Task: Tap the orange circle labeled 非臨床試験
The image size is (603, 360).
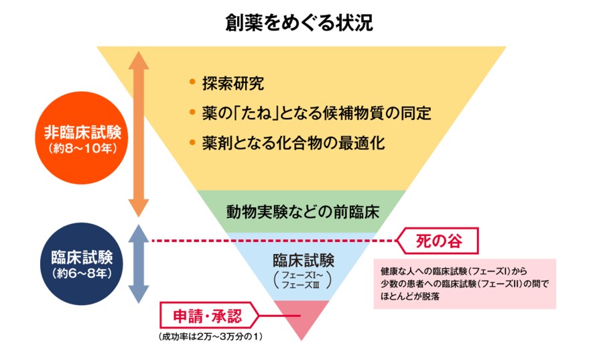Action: coord(82,137)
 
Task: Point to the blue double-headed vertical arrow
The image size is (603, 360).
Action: coord(138,263)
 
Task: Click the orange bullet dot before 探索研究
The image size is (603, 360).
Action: coord(192,83)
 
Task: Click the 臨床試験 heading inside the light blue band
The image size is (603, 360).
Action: coord(303,259)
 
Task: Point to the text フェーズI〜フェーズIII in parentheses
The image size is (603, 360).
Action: coord(303,280)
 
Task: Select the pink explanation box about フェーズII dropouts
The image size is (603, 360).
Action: coord(464,284)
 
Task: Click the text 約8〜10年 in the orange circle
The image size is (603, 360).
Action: coord(82,149)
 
